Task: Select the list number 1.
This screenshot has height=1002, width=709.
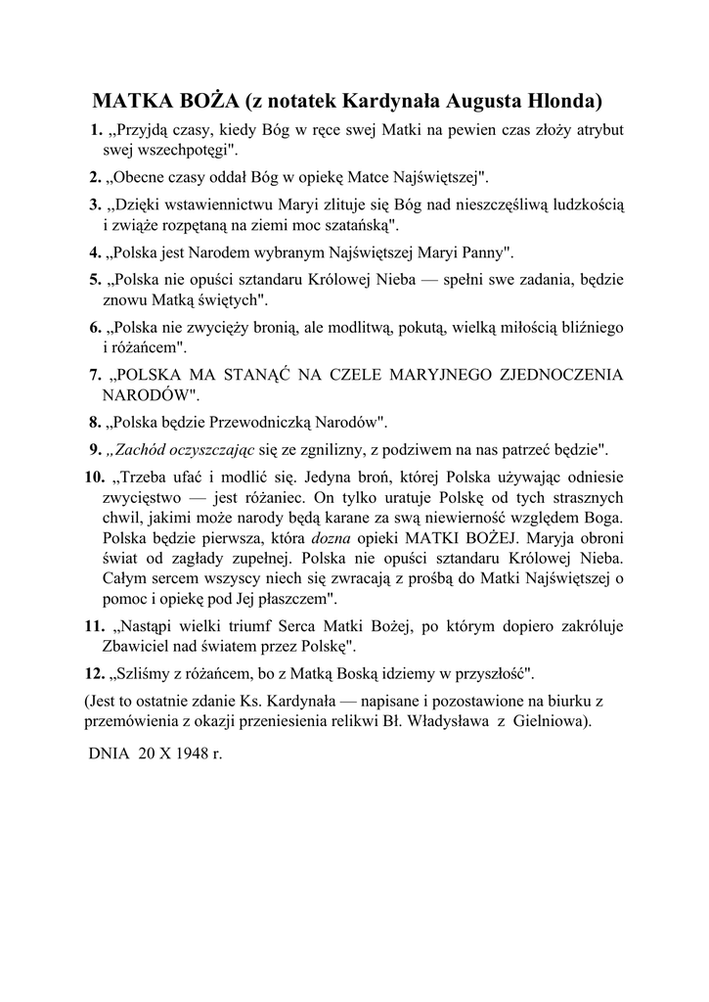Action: pos(95,130)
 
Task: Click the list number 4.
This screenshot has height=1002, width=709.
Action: pos(95,252)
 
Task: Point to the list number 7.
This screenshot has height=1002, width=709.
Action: pos(95,374)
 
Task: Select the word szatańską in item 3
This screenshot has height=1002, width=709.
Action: pos(357,224)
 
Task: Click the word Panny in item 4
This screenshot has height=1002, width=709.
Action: pos(483,252)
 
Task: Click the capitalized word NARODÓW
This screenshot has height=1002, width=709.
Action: pos(146,395)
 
